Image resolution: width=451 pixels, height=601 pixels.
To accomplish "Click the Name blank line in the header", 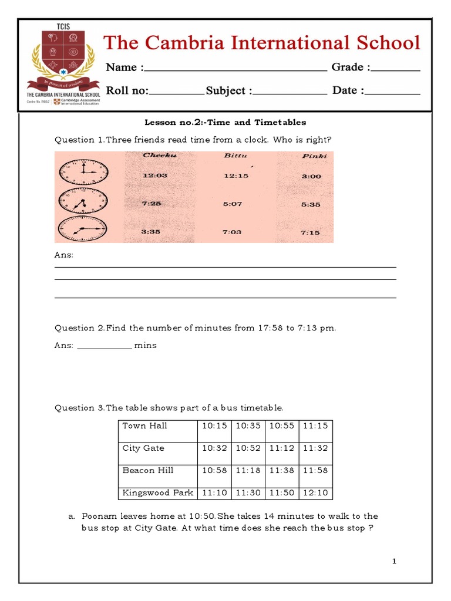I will point(235,69).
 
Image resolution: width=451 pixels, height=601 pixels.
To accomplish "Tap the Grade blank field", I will point(396,69).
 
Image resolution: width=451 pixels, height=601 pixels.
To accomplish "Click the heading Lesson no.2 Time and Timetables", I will point(225,123).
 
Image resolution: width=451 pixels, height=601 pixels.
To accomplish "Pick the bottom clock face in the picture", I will point(83,229).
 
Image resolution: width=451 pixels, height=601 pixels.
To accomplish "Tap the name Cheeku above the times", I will point(159,156).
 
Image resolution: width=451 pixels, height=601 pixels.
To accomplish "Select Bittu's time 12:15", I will point(236,175).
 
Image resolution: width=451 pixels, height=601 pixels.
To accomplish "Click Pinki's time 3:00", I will point(311,175).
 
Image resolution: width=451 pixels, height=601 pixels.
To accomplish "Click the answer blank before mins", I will point(105,346).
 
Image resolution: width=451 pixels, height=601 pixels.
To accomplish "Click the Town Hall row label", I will point(144,426).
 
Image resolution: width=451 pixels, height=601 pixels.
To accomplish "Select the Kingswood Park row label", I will point(157,493).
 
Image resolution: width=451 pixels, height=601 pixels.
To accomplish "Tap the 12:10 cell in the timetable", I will point(315,493).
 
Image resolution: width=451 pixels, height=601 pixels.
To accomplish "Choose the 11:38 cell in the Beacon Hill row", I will point(282,471).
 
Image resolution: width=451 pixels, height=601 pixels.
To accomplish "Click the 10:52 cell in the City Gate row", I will point(248,448).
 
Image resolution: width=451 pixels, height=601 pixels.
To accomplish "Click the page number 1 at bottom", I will point(395,562).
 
